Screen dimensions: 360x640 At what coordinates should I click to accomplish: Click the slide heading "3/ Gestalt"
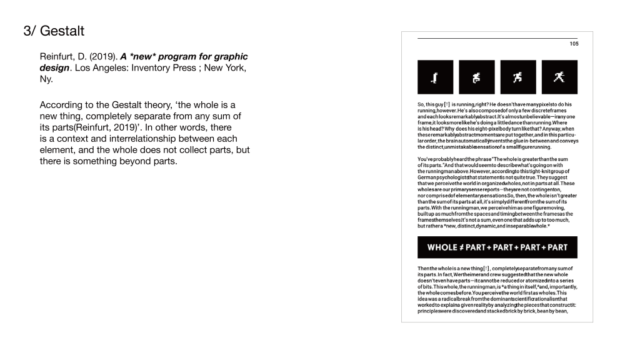tap(53, 31)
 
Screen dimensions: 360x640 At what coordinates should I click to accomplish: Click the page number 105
tap(574, 44)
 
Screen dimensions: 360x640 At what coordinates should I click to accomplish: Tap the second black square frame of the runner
tap(477, 77)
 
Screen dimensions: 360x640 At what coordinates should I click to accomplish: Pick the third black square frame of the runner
tap(518, 77)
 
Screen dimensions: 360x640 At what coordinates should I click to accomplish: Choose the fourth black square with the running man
tap(559, 77)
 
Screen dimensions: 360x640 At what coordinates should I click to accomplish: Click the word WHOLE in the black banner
tap(442, 247)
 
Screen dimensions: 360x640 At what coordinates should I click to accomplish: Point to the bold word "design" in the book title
tap(54, 68)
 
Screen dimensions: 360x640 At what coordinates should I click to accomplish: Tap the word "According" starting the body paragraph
tap(61, 105)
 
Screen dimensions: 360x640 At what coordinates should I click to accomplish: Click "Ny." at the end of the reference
tap(46, 79)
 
